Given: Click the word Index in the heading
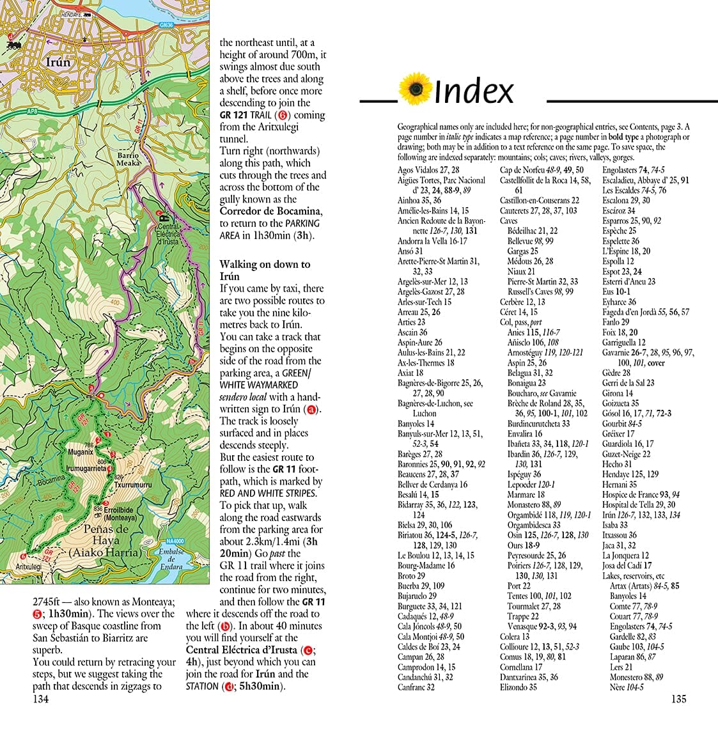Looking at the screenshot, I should pos(474,91).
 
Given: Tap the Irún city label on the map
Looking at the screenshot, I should pos(59,63).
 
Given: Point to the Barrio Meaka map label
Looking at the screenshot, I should pos(129,159).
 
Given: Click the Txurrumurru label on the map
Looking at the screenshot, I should pos(133,485).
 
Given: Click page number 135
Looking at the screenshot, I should pos(678,699).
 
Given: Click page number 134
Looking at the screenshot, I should pos(40,699).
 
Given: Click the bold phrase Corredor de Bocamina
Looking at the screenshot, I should pos(269,212).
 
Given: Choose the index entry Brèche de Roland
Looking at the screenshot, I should pos(537,403).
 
